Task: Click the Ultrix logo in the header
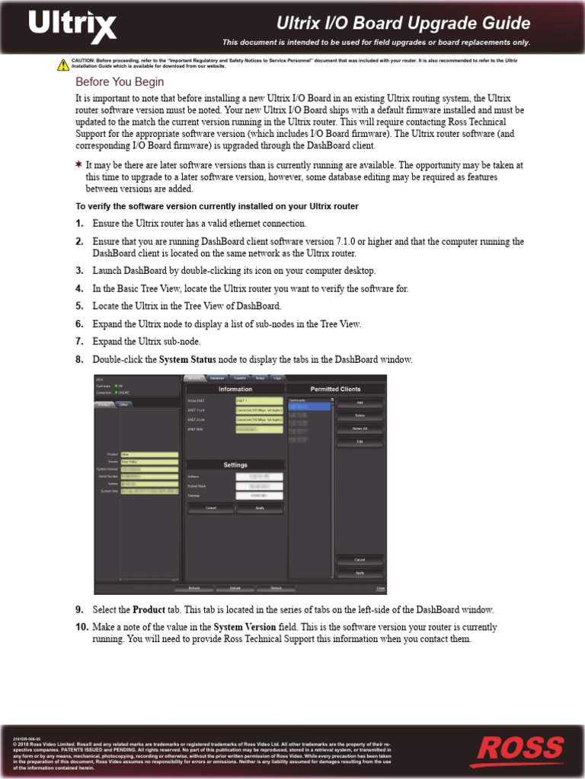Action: (73, 27)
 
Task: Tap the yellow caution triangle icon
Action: (63, 65)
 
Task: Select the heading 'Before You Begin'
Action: (119, 82)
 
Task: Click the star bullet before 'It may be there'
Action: (78, 165)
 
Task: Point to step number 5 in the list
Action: (79, 306)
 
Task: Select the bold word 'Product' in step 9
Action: (149, 610)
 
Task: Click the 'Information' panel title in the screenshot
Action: (235, 389)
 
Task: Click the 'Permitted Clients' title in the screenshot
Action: (335, 389)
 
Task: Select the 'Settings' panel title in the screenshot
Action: (235, 465)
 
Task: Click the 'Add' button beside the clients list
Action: (360, 402)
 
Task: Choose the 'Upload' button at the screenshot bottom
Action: (235, 588)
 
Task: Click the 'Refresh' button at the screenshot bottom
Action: (194, 588)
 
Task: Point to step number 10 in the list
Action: (82, 628)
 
